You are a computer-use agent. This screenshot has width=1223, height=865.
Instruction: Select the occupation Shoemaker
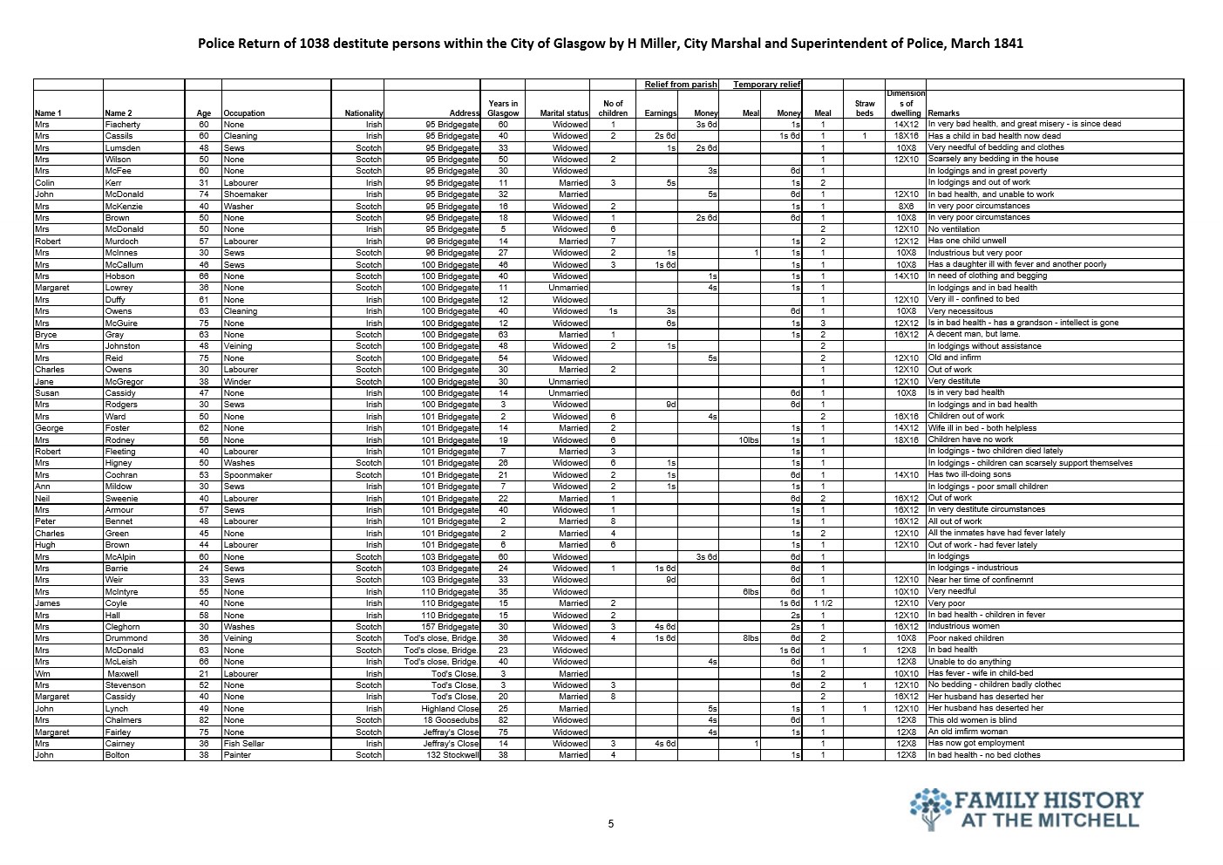[x=245, y=194]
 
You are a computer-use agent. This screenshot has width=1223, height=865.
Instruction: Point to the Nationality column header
[x=364, y=113]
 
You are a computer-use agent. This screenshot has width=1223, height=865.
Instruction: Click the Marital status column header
[x=564, y=113]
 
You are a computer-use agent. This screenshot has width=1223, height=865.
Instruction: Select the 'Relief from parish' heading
[x=681, y=85]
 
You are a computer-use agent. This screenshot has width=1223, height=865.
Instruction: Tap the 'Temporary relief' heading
[x=766, y=85]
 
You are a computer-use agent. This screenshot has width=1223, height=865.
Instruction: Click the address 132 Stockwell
[x=452, y=755]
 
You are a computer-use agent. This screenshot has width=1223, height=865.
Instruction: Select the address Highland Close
[x=451, y=709]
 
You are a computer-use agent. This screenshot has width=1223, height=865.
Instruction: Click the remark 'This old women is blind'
[x=973, y=720]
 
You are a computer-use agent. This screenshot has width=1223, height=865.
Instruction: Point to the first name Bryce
[x=45, y=334]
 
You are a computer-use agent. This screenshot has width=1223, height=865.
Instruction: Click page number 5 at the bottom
[x=611, y=823]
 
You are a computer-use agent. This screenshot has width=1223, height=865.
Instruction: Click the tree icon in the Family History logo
[x=930, y=807]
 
